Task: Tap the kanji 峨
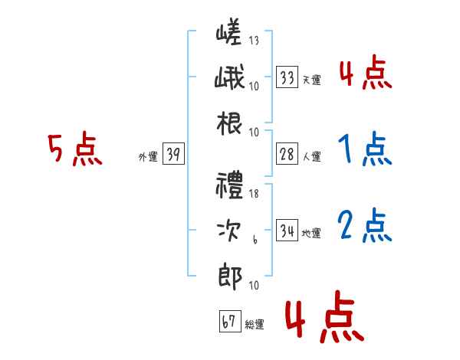(x=229, y=77)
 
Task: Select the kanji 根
(x=229, y=123)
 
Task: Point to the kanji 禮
(x=229, y=185)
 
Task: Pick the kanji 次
(x=229, y=230)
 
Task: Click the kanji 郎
(x=230, y=277)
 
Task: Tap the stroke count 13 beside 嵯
(x=254, y=40)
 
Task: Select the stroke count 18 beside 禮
(x=254, y=194)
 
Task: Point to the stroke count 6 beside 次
(x=255, y=240)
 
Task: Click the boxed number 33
(x=287, y=77)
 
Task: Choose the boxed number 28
(x=287, y=154)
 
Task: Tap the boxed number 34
(x=287, y=230)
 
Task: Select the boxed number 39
(x=173, y=154)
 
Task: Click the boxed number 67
(x=230, y=321)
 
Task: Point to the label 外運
(x=148, y=156)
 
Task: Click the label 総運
(x=255, y=324)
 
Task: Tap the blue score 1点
(x=365, y=149)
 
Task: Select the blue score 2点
(x=365, y=225)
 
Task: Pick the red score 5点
(x=75, y=149)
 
